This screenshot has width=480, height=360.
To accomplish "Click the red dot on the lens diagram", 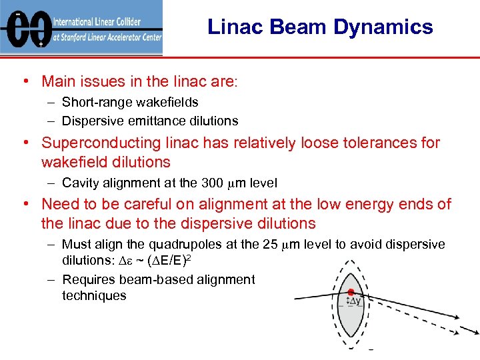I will coord(351,292).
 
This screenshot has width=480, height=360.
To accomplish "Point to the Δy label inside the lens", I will coord(355,301).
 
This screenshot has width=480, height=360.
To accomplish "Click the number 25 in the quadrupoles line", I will coord(271,245).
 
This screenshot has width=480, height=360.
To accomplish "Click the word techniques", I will coord(94,295).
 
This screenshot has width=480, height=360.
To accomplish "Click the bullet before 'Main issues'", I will coord(24,82).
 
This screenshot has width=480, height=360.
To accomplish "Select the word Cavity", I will coord(80,183).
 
